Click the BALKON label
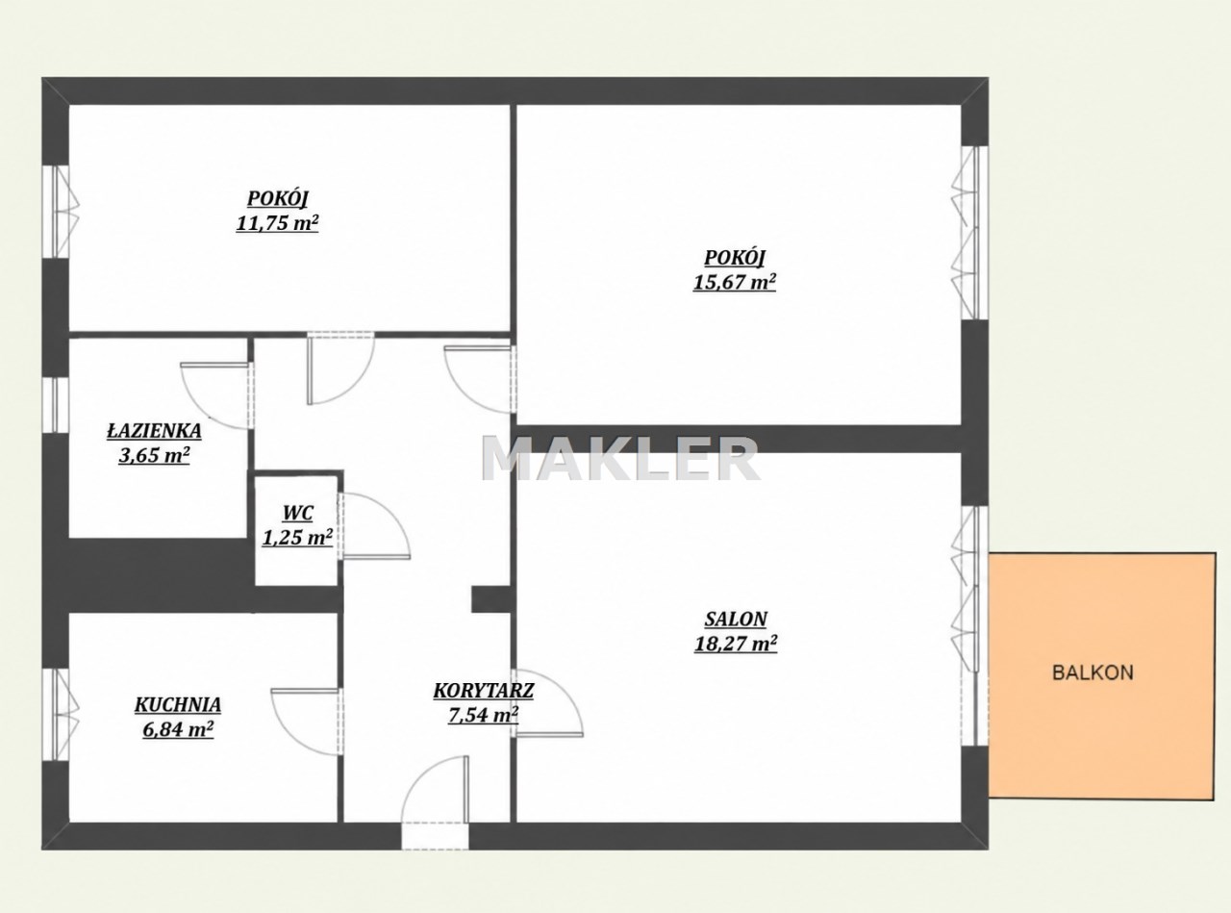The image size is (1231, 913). (x=1093, y=673)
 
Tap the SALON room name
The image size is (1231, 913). (x=736, y=619)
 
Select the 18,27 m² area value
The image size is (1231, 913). (x=736, y=645)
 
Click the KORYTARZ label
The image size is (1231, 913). (x=484, y=691)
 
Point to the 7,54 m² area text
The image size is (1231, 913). (x=484, y=715)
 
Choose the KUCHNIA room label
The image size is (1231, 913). (x=178, y=705)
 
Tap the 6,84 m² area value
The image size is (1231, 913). (x=178, y=730)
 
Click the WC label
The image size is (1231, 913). (x=298, y=513)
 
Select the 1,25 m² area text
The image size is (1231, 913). (x=297, y=538)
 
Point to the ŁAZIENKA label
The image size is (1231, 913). (x=154, y=431)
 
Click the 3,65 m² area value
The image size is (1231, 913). (x=154, y=456)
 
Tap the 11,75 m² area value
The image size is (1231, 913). (x=277, y=223)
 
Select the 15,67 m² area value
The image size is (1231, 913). (x=734, y=283)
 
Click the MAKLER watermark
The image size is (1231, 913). (x=620, y=459)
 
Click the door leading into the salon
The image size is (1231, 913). (x=547, y=703)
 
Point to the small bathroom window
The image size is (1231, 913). (x=56, y=406)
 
